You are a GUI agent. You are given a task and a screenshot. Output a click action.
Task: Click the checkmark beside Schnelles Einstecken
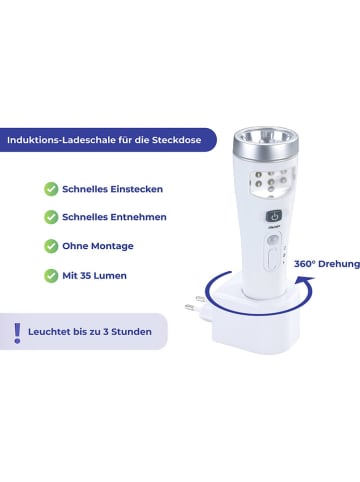click(x=50, y=188)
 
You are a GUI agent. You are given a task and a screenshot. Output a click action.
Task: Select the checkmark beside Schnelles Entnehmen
click(x=50, y=216)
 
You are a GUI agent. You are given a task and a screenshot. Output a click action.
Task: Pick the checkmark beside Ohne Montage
click(x=50, y=245)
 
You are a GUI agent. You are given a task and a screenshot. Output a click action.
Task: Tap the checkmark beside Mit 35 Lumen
click(x=50, y=274)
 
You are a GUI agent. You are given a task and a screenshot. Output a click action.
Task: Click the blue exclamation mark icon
click(x=17, y=331)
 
